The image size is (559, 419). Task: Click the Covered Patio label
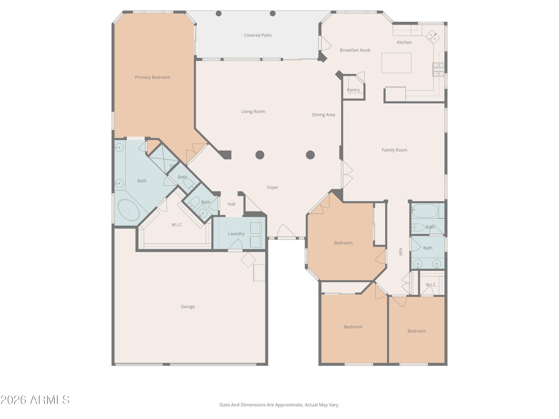click(x=258, y=35)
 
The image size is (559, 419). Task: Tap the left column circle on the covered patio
click(x=219, y=14)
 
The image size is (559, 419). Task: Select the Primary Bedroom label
click(x=152, y=77)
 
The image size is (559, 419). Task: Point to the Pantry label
click(x=353, y=90)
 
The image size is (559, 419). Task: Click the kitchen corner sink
click(x=432, y=37)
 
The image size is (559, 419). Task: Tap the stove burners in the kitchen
click(x=438, y=69)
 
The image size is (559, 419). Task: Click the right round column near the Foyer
click(x=310, y=155)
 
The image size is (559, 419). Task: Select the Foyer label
click(x=272, y=187)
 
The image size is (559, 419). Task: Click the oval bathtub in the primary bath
click(x=129, y=210)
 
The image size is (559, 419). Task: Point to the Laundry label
click(x=236, y=234)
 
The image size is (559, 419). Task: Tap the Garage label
click(x=188, y=307)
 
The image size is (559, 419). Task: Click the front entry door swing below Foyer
click(x=286, y=231)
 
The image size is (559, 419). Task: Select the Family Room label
click(x=394, y=150)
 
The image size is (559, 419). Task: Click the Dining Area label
click(x=323, y=115)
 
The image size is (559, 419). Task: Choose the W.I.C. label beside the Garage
click(x=177, y=225)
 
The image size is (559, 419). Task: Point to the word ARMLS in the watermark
click(x=50, y=400)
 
